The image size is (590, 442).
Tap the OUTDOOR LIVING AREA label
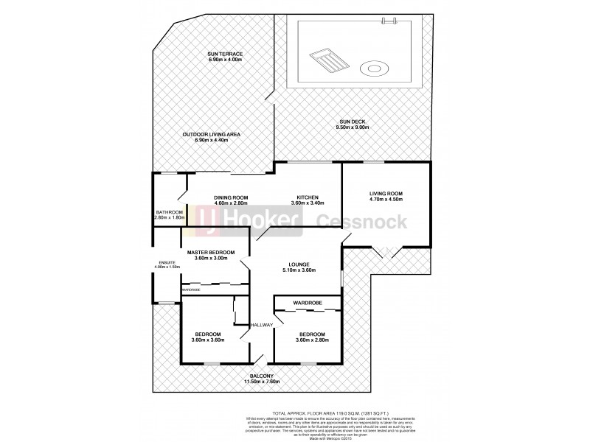[212, 135]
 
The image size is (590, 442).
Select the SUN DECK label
[353, 122]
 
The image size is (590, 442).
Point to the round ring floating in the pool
[372, 70]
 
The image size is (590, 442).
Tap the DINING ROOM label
[230, 197]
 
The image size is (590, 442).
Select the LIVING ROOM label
[385, 194]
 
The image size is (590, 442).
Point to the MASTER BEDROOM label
[211, 253]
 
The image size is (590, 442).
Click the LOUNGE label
[299, 264]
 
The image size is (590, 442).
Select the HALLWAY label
[262, 325]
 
